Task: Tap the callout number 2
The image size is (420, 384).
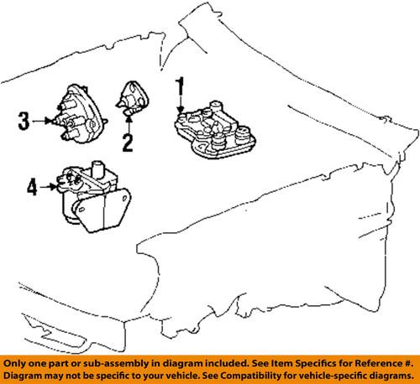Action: point(127,142)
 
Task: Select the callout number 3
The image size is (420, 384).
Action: point(24,122)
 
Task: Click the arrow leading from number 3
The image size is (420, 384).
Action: point(43,122)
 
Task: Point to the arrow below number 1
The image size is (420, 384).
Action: point(179,106)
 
